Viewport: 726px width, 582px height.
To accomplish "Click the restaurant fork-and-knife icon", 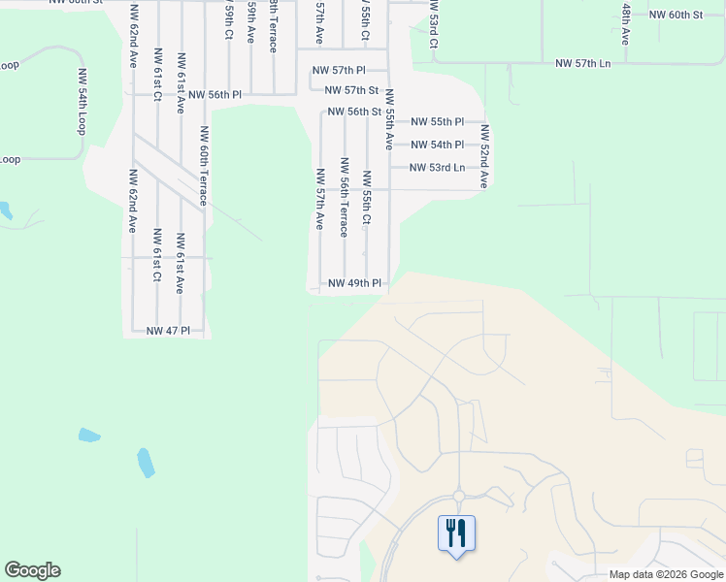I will tap(456, 533).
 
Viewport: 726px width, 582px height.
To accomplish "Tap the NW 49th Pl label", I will tap(354, 284).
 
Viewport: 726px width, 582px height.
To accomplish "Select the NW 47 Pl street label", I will tap(174, 331).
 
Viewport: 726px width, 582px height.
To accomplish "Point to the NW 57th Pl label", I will tap(338, 71).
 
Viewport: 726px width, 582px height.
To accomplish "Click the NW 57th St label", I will tap(344, 90).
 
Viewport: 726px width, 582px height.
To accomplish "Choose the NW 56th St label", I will tap(354, 112).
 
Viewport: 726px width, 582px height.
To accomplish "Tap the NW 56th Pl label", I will tap(214, 95).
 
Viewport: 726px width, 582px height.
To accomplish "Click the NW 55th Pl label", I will tap(437, 122).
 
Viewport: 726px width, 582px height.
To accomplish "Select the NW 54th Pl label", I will tap(437, 145).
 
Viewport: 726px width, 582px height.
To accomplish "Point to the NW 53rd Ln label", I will tap(437, 168).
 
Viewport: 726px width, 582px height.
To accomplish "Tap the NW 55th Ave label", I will tap(388, 118).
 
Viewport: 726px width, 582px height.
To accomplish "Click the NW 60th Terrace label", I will tap(204, 165).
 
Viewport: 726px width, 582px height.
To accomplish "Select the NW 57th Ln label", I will tap(583, 63).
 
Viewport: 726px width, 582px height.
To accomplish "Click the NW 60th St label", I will tap(676, 16).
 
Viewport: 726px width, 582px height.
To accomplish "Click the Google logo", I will tap(32, 570).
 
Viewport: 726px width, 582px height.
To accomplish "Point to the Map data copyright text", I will tap(665, 574).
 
